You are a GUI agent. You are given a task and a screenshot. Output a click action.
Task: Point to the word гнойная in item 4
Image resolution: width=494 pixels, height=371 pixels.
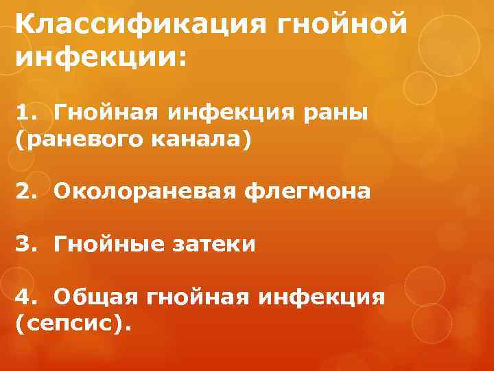coord(198,297)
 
